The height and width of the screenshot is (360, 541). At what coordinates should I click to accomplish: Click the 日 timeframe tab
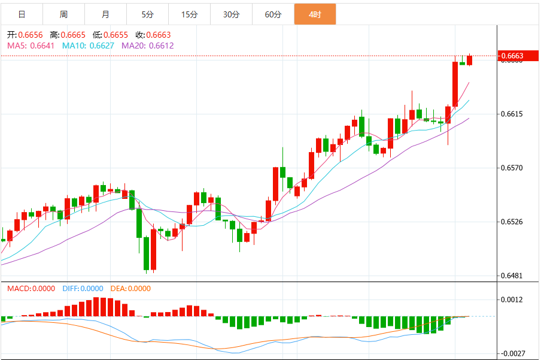click(x=22, y=14)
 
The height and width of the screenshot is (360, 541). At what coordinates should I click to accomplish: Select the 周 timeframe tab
click(x=63, y=14)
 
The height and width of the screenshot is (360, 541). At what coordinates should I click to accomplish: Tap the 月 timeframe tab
click(x=105, y=14)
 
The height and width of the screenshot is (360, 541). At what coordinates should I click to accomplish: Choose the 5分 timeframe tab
click(x=147, y=14)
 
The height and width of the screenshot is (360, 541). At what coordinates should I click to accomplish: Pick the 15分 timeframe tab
click(x=189, y=14)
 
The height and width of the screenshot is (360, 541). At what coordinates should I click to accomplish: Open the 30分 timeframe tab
click(x=231, y=14)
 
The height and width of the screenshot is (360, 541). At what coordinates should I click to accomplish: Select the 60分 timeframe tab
click(x=273, y=14)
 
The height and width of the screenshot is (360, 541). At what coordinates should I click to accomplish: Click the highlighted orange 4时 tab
click(x=315, y=14)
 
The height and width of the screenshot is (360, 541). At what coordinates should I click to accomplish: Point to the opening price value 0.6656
click(x=30, y=35)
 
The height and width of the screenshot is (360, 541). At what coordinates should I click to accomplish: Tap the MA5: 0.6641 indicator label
click(x=31, y=46)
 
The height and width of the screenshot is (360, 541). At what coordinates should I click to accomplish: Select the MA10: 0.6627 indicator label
click(x=88, y=46)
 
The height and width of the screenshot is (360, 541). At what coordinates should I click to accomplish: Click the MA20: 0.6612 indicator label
click(x=147, y=46)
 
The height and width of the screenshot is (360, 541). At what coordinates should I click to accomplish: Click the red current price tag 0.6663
click(x=512, y=56)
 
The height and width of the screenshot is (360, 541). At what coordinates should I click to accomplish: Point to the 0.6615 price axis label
click(x=512, y=114)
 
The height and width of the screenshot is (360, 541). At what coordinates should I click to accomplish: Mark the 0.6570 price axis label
click(x=512, y=168)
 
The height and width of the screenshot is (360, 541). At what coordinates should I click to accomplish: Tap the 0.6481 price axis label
click(x=512, y=276)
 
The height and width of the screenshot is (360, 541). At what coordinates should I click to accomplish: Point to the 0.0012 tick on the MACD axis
click(x=512, y=300)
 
